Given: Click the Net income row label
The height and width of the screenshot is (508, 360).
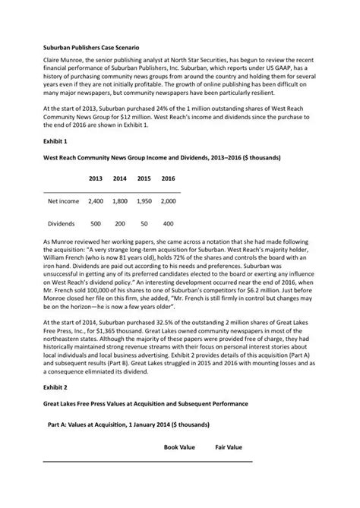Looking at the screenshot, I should [x=63, y=202].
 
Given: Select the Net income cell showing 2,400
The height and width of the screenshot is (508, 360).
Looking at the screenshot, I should [x=96, y=202].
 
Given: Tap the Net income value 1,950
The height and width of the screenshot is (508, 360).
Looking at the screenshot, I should [x=144, y=202].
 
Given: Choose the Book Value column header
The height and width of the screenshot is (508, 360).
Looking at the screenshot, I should [x=180, y=447].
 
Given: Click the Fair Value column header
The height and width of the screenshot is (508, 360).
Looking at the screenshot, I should [x=228, y=447].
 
